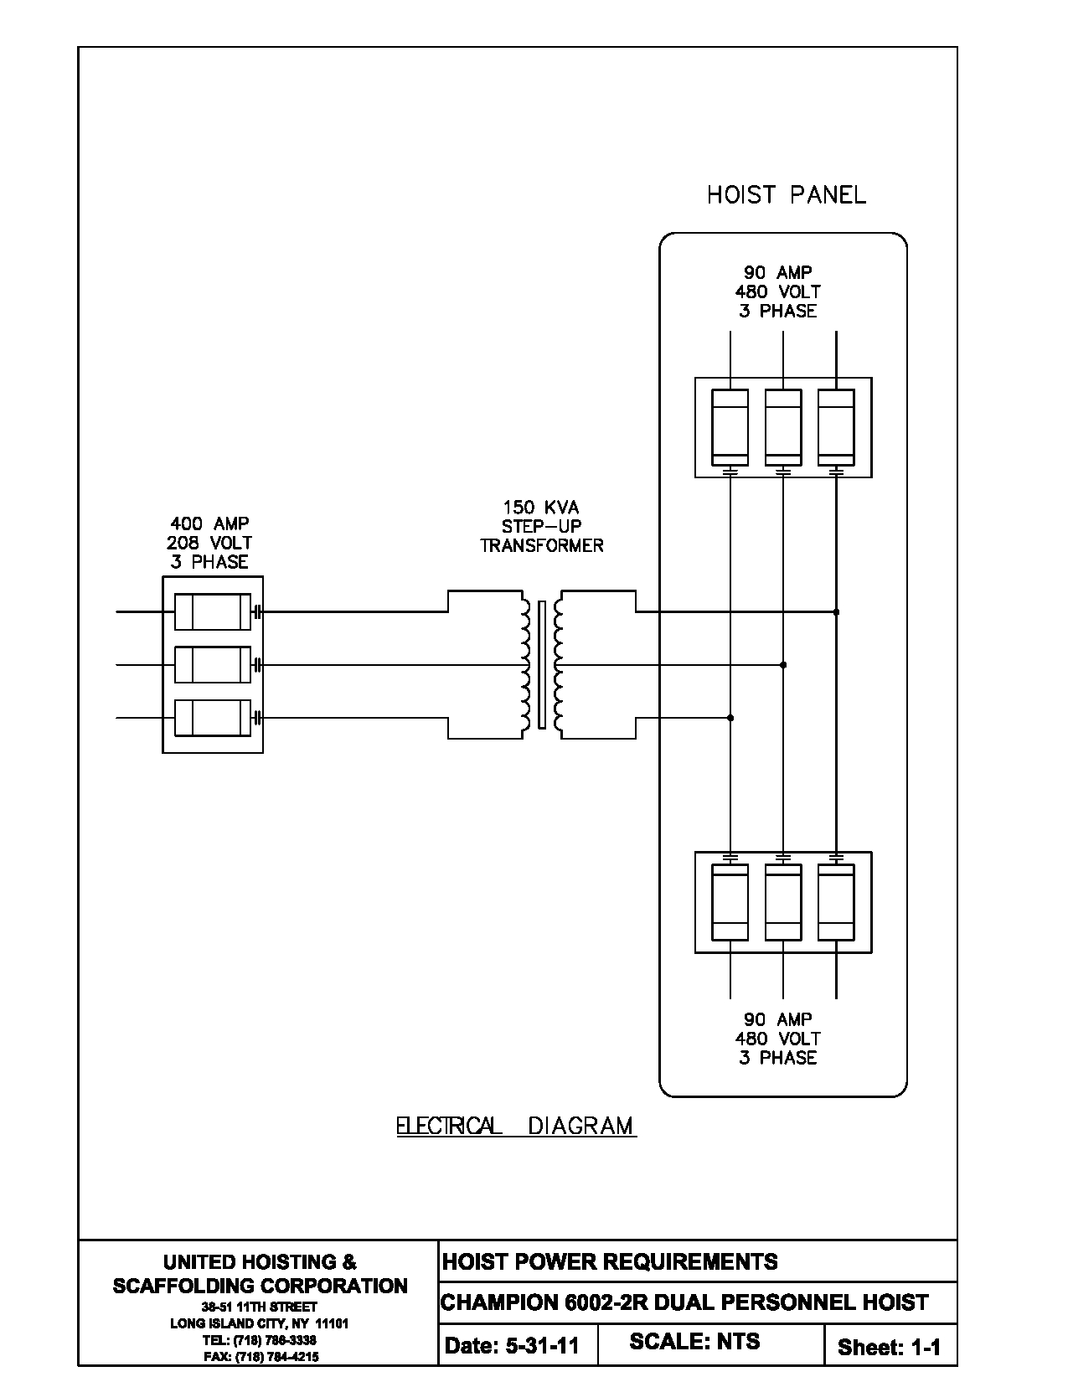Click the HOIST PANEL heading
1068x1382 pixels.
[786, 195]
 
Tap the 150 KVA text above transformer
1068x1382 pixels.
[540, 508]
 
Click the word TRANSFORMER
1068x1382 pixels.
[541, 545]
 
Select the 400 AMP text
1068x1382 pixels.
[209, 524]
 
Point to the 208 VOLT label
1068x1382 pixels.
[209, 543]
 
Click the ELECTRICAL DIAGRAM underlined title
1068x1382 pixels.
[515, 1126]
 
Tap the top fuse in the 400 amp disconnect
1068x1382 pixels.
[212, 611]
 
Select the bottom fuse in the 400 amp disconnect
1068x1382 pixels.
[212, 718]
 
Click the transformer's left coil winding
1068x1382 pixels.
[525, 664]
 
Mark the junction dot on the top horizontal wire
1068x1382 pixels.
[836, 612]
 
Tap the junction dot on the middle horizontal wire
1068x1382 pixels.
[783, 665]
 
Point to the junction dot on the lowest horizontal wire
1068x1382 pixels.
[730, 718]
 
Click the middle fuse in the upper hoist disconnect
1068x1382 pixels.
[783, 427]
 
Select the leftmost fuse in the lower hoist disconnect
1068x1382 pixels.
[730, 903]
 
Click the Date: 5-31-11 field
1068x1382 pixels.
[512, 1346]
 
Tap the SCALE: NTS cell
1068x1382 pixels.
[694, 1342]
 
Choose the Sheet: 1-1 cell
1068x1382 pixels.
[889, 1347]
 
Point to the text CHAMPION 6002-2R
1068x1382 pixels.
[544, 1303]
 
